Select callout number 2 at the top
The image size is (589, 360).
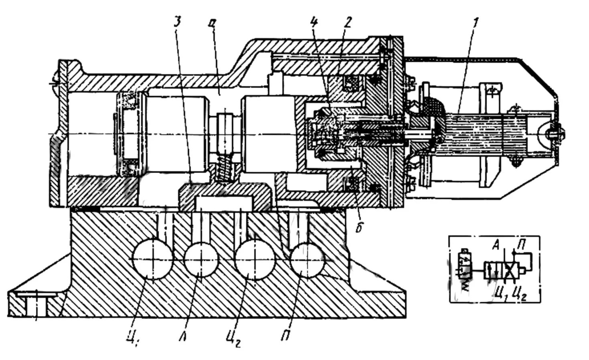coord(347,22)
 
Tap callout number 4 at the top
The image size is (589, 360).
coord(315,22)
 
